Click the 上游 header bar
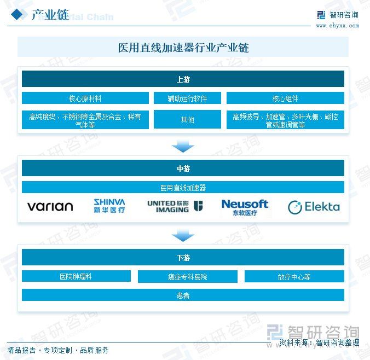(x=183, y=79)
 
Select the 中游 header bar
(x=183, y=169)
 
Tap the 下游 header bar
(x=183, y=258)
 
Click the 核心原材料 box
(x=85, y=98)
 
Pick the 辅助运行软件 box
(x=187, y=98)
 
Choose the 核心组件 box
(x=285, y=98)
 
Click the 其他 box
(x=187, y=119)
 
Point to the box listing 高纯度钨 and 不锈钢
(x=85, y=120)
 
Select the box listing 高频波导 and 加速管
(x=285, y=120)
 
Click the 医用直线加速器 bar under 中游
(x=183, y=188)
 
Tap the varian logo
(x=50, y=207)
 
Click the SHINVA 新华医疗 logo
(x=109, y=206)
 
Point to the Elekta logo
(x=314, y=207)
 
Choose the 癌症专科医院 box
(x=187, y=276)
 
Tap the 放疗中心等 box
(x=294, y=276)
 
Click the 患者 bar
(x=183, y=295)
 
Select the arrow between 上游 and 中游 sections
(x=183, y=146)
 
